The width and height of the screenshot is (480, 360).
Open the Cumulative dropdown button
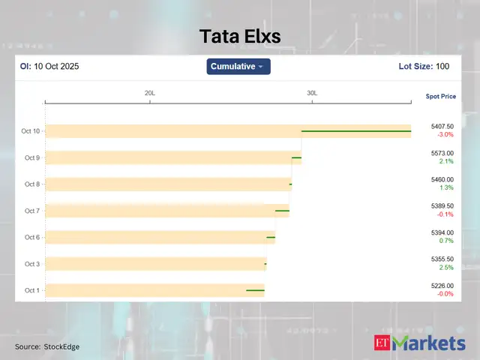pos(238,67)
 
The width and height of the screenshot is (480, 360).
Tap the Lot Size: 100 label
pos(424,67)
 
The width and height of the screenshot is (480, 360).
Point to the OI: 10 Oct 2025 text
pos(49,67)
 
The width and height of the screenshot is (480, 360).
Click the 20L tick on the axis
pos(150,93)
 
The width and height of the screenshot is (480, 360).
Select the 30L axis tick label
pos(312,93)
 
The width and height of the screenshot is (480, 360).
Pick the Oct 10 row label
pos(31,131)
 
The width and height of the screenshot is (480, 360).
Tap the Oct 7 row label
pos(31,211)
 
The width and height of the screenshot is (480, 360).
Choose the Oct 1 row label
pos(31,290)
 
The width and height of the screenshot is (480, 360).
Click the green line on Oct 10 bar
pos(356,131)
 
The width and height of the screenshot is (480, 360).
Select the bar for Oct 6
pos(157,237)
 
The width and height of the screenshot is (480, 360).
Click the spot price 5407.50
pos(442,127)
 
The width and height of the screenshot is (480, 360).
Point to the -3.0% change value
pos(445,135)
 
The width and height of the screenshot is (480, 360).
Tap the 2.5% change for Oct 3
pos(446,268)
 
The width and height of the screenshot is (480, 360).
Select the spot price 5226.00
pos(442,286)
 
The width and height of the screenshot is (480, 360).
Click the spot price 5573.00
pos(442,153)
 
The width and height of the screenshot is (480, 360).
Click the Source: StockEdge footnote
pos(47,346)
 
